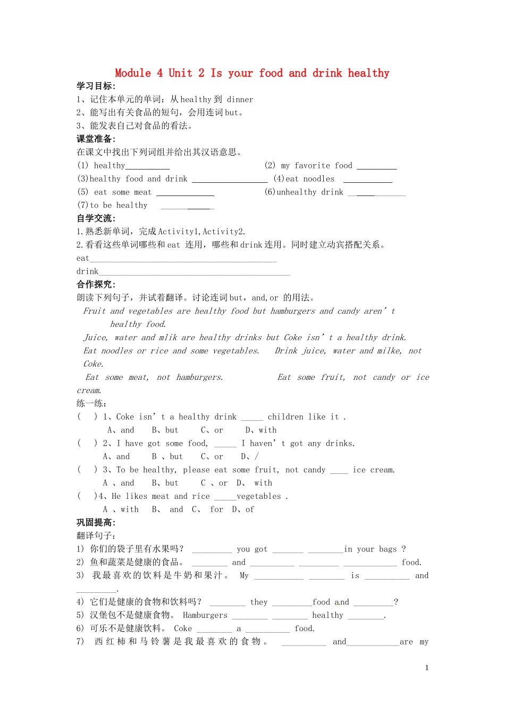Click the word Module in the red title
(x=133, y=73)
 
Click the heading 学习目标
(x=96, y=86)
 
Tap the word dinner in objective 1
(x=240, y=99)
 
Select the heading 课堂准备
(x=96, y=139)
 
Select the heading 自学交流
(x=96, y=218)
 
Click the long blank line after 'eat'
(x=183, y=259)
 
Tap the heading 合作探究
(x=96, y=285)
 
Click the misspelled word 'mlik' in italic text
(x=167, y=338)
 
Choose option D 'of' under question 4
(x=249, y=509)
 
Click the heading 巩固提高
(x=96, y=523)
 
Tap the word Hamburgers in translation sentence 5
(x=205, y=615)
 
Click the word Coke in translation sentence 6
(x=182, y=628)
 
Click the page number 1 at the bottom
(x=426, y=668)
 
